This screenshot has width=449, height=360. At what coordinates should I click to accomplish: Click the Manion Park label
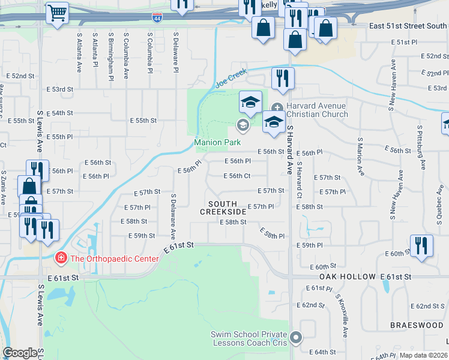217,143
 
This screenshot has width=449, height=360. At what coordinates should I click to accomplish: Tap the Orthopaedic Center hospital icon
60,259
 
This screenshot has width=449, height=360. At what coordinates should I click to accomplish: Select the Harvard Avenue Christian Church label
316,110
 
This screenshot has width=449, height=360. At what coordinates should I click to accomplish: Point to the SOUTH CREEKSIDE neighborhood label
223,208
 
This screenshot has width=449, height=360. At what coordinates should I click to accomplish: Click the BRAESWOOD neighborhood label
416,325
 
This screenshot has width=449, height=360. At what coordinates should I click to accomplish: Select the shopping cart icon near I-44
57,12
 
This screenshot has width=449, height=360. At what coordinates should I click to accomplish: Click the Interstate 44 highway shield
157,17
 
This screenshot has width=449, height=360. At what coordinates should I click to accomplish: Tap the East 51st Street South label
408,26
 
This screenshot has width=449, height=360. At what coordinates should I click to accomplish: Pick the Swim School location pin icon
295,338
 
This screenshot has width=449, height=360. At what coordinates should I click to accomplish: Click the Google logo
20,353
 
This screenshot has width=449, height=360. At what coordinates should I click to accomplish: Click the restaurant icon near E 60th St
421,245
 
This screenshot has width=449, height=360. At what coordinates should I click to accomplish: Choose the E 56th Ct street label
237,176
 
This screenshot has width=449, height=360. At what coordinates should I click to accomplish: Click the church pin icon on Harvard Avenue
277,107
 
